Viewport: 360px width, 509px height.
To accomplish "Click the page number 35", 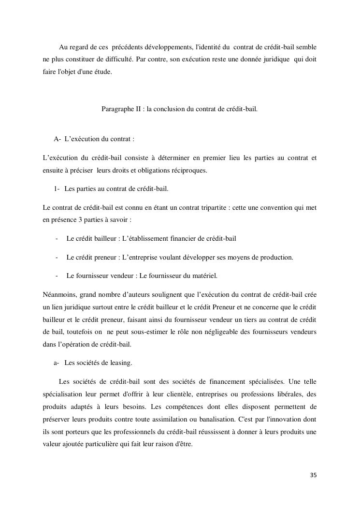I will (x=313, y=475).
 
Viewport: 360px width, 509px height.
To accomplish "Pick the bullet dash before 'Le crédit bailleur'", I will (x=57, y=238).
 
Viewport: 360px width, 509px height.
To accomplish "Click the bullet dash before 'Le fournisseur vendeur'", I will (x=57, y=276).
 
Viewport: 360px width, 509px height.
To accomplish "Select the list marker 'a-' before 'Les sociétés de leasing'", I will (x=57, y=363).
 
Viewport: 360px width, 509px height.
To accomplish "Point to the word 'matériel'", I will (x=205, y=276).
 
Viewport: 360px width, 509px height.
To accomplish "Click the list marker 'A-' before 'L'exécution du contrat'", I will (x=57, y=139).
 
